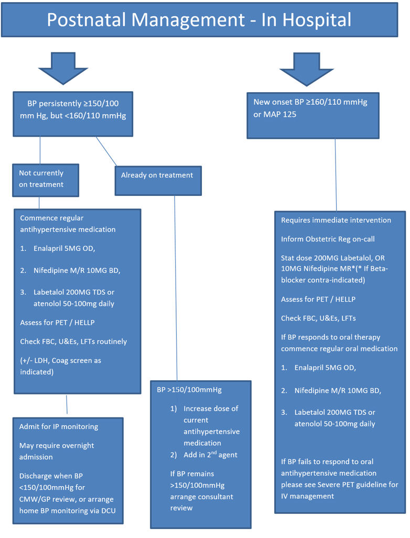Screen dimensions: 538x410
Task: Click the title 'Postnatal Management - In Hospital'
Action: (199, 20)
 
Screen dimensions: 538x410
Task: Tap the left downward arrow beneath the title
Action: (63, 68)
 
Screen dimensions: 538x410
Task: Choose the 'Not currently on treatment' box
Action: (46, 179)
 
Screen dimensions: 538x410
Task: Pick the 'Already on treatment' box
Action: (157, 175)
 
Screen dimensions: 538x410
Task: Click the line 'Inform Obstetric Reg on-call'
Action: (328, 239)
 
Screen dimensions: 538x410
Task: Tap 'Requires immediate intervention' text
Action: (336, 220)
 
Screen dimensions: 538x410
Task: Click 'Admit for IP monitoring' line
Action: (59, 426)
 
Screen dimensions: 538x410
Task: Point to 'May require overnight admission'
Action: (57, 451)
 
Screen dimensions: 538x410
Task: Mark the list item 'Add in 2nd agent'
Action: (210, 455)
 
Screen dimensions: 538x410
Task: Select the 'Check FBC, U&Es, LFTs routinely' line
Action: (73, 342)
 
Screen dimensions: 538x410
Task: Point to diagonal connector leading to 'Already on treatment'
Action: (106, 150)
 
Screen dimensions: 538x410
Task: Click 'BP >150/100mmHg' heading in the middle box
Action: (189, 390)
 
